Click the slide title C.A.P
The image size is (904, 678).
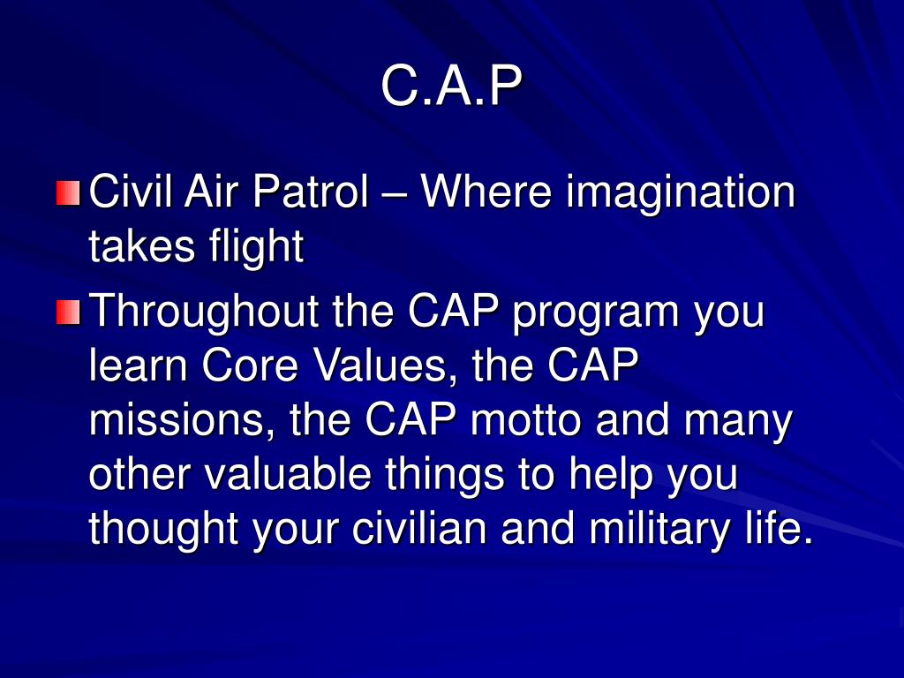tap(452, 87)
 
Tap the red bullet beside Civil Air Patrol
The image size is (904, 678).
tap(68, 192)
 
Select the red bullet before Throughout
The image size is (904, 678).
tap(68, 312)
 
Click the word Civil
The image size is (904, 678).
tap(131, 192)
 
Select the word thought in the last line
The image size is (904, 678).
tap(164, 529)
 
